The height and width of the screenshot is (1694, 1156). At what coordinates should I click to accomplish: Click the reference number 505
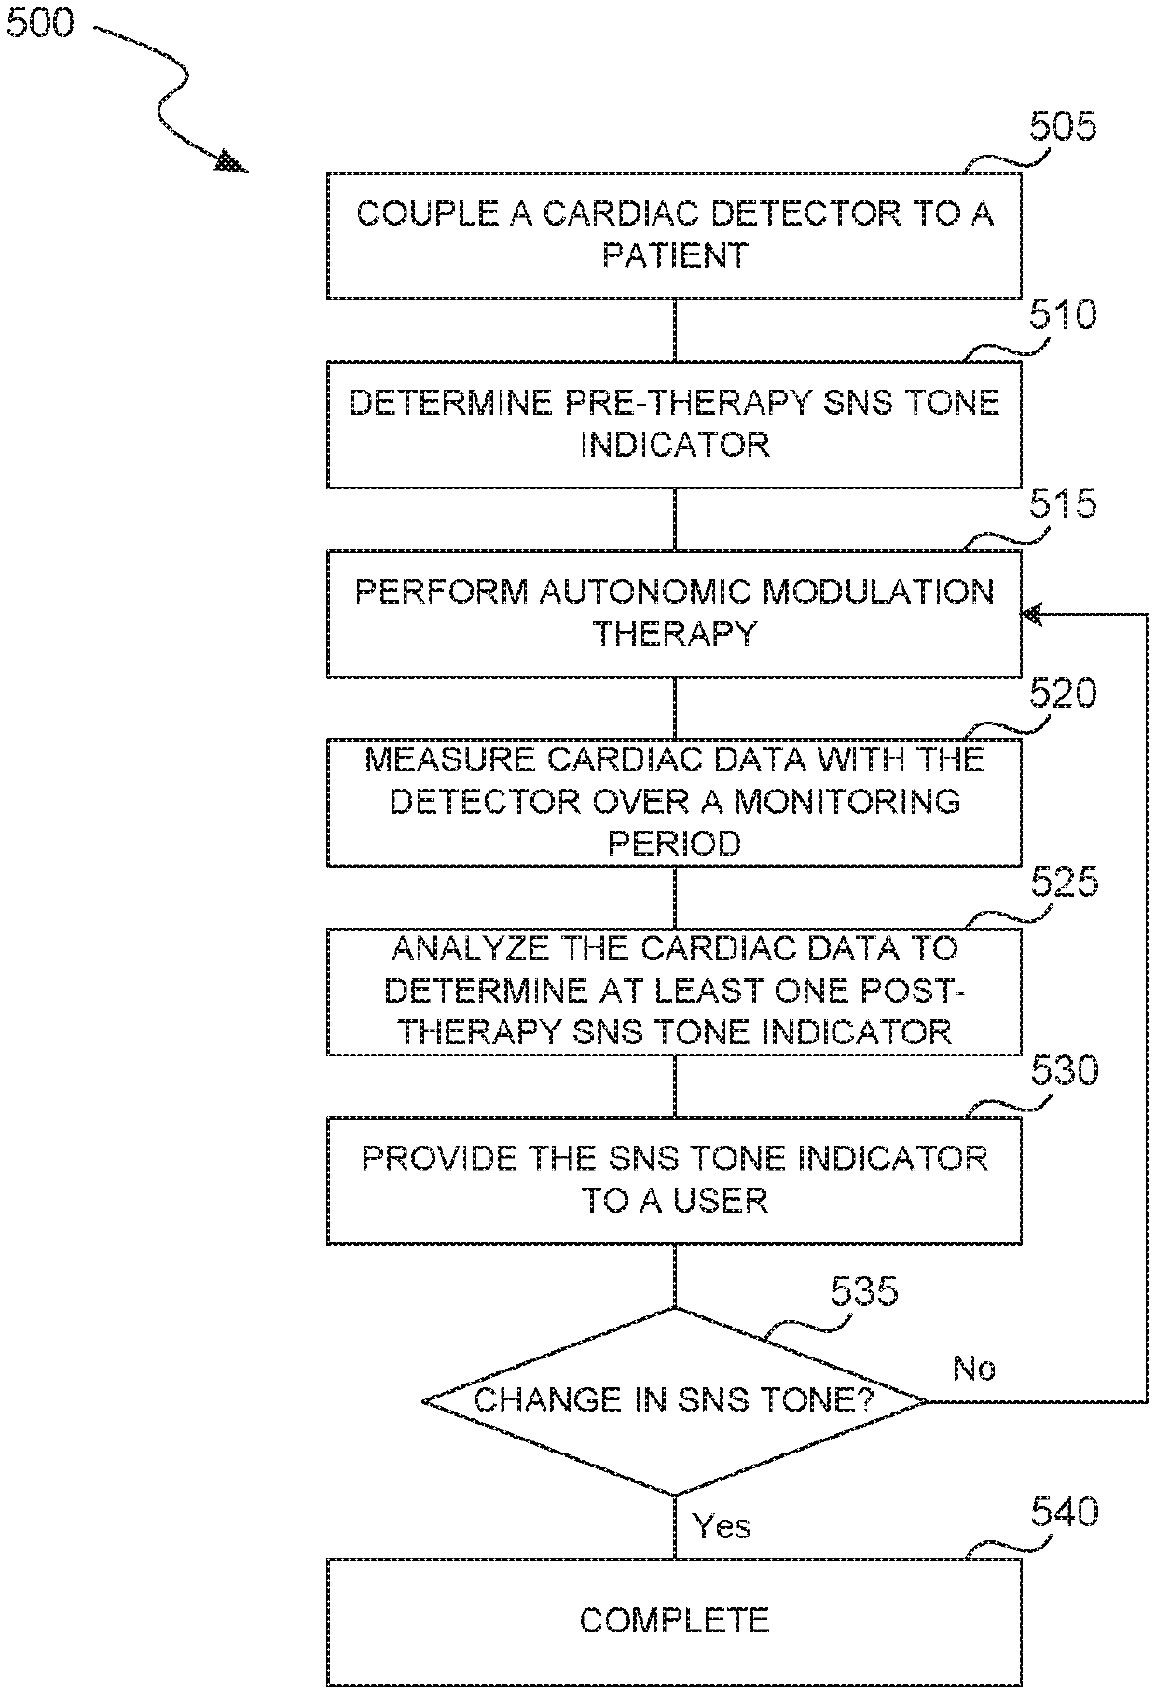(1063, 126)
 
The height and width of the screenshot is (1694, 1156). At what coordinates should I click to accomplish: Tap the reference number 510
(1063, 315)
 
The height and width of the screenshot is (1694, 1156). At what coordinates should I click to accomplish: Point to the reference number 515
(1063, 504)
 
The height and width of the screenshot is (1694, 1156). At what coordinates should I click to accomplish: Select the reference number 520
(1063, 694)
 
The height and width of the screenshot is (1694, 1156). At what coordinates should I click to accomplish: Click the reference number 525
(1064, 882)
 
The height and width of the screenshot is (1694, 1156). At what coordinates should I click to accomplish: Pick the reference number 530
(1064, 1071)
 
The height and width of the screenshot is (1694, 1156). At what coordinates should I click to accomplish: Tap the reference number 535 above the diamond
(864, 1292)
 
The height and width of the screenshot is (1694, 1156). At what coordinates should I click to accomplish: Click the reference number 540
(1064, 1512)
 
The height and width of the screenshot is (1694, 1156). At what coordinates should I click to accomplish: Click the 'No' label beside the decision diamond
(974, 1369)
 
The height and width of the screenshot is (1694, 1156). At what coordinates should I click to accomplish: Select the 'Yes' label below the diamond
(722, 1526)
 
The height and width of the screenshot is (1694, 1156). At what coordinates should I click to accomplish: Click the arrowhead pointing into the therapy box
(1033, 614)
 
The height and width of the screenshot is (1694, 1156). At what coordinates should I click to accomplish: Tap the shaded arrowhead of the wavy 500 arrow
(233, 164)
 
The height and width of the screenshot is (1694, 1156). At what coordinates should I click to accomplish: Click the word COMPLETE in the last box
(674, 1620)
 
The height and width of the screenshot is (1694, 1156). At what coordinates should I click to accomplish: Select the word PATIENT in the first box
(674, 255)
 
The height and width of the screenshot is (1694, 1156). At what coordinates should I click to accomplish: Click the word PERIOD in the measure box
(674, 843)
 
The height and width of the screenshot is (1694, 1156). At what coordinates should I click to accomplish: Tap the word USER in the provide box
(720, 1200)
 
